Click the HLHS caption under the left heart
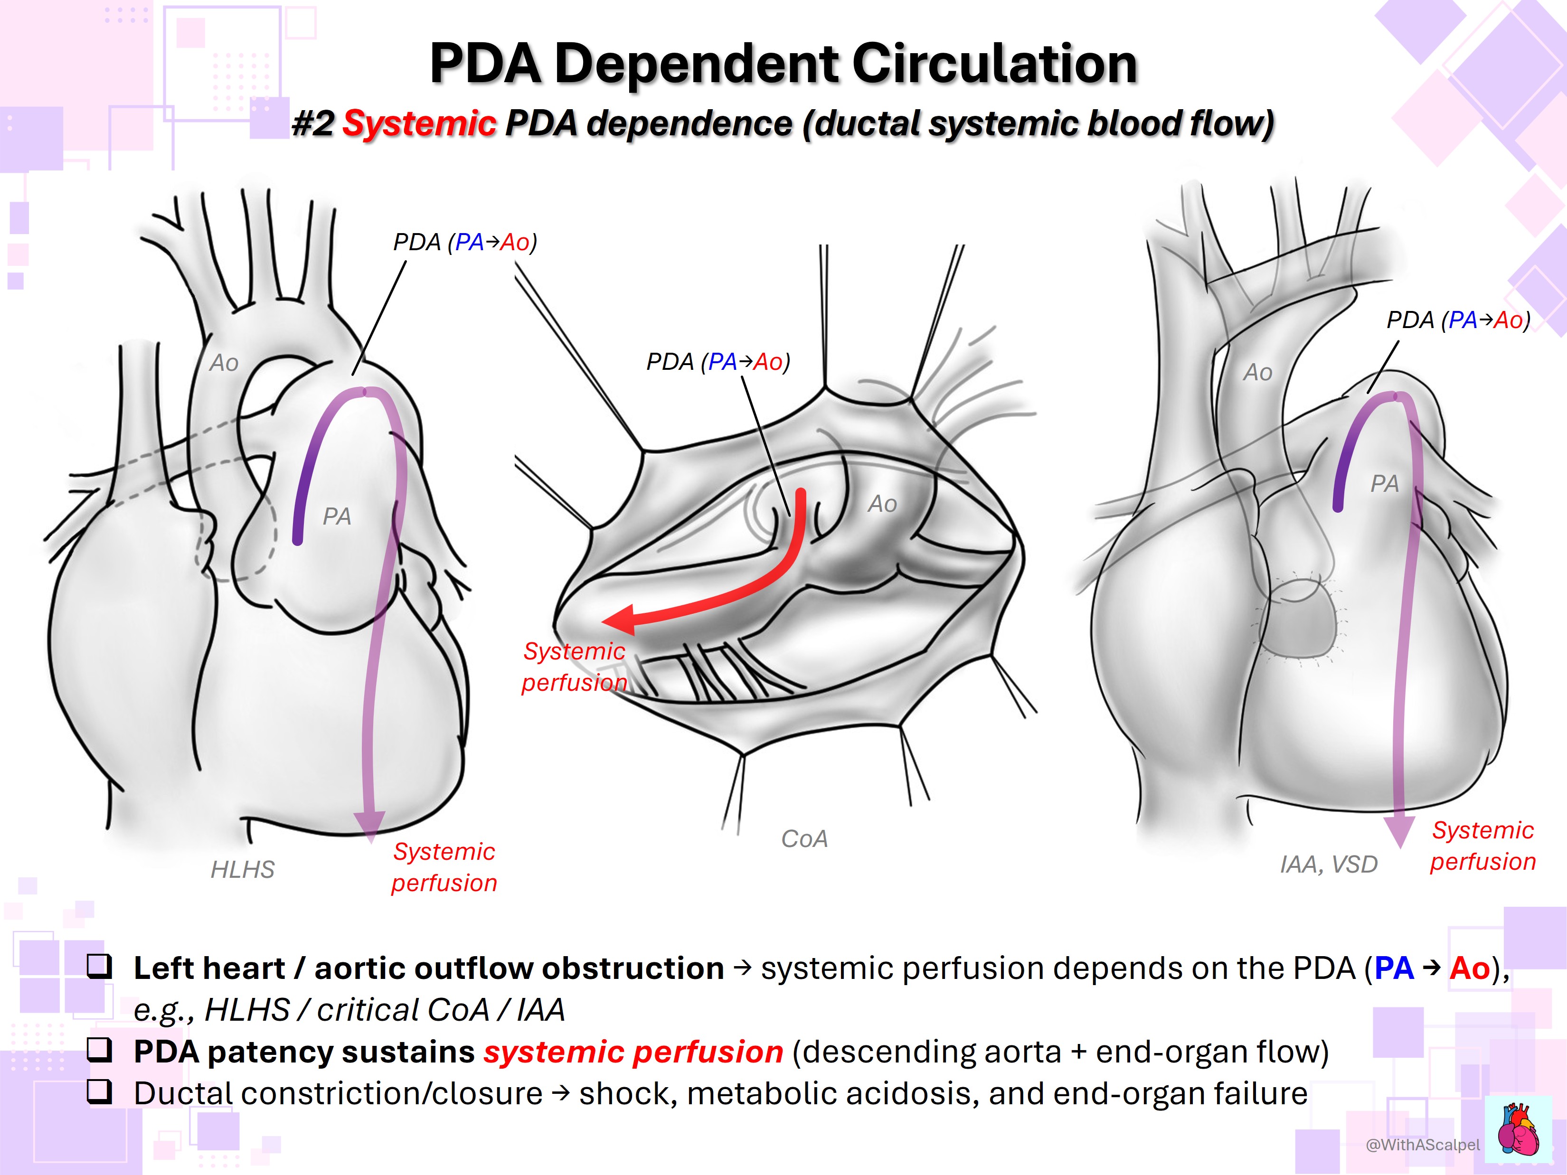point(242,869)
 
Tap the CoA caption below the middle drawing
point(804,838)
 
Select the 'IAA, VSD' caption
point(1328,864)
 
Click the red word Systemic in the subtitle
point(419,123)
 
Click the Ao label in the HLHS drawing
point(224,363)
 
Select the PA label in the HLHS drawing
point(337,517)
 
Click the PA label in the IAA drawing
point(1384,484)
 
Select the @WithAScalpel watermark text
point(1423,1145)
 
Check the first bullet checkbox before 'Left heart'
point(99,966)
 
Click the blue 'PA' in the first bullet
point(1393,968)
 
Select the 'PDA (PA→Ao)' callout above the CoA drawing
point(717,362)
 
